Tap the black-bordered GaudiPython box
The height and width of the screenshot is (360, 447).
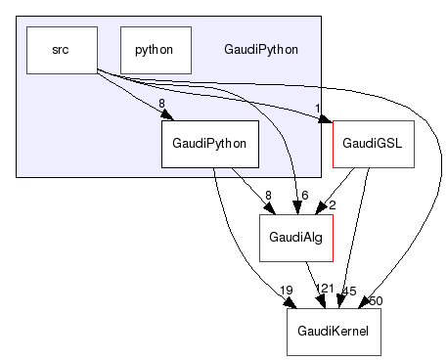tap(209, 143)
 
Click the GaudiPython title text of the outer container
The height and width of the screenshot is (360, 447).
tap(261, 49)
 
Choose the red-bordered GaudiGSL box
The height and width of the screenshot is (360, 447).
tap(374, 143)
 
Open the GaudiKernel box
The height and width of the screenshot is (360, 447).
tap(333, 332)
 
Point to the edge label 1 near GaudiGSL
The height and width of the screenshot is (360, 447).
tap(318, 109)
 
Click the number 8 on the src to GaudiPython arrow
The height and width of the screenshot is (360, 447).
tap(160, 102)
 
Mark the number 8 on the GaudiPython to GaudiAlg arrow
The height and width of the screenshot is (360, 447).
tap(267, 196)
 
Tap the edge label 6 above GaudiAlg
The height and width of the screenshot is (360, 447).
tap(305, 196)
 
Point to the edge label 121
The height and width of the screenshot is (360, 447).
tap(325, 291)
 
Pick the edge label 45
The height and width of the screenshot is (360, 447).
tap(348, 291)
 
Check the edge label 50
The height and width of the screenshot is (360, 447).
tap(376, 299)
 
